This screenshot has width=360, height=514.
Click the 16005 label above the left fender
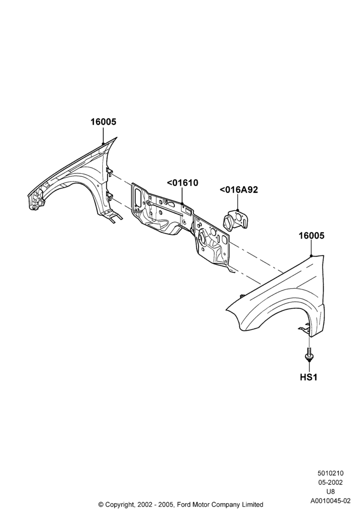pos(103,122)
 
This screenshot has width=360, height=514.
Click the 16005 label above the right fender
pos(311,236)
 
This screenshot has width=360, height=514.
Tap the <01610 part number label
pos(183,183)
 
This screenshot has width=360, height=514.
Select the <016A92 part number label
pos(239,190)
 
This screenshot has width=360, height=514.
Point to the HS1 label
pos(309,377)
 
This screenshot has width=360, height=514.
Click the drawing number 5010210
pos(330,473)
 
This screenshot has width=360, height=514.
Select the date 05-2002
pos(330,482)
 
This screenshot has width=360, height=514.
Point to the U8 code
pos(330,491)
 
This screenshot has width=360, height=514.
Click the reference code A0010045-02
pos(330,501)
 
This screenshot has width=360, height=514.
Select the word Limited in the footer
pos(253,504)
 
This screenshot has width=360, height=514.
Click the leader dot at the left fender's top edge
pos(103,143)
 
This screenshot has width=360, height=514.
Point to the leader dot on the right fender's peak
pos(311,255)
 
